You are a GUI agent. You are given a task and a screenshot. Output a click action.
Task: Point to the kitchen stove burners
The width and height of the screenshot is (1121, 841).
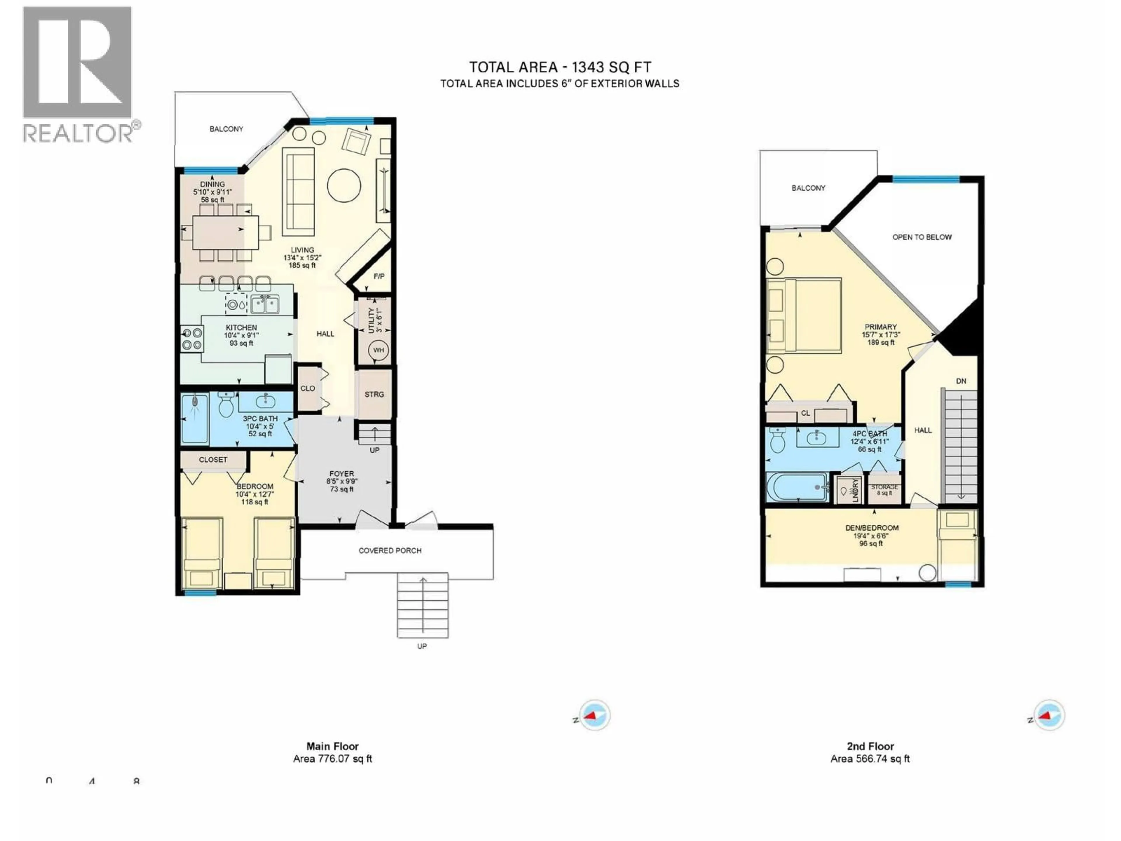(192, 339)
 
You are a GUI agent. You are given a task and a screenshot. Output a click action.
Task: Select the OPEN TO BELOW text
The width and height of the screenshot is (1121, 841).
(922, 237)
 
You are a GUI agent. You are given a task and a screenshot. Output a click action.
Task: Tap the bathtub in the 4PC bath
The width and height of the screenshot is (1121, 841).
(797, 487)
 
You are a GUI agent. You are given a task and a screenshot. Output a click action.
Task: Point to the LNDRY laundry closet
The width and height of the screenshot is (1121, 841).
(850, 490)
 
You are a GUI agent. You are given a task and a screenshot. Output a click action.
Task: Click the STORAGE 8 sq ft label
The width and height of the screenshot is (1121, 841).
(884, 489)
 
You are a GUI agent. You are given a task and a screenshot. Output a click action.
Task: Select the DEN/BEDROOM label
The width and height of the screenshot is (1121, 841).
(872, 528)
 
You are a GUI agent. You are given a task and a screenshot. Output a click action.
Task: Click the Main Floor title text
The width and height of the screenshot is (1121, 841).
(333, 746)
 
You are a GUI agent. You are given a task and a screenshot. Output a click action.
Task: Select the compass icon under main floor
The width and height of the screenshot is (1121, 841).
(594, 715)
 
